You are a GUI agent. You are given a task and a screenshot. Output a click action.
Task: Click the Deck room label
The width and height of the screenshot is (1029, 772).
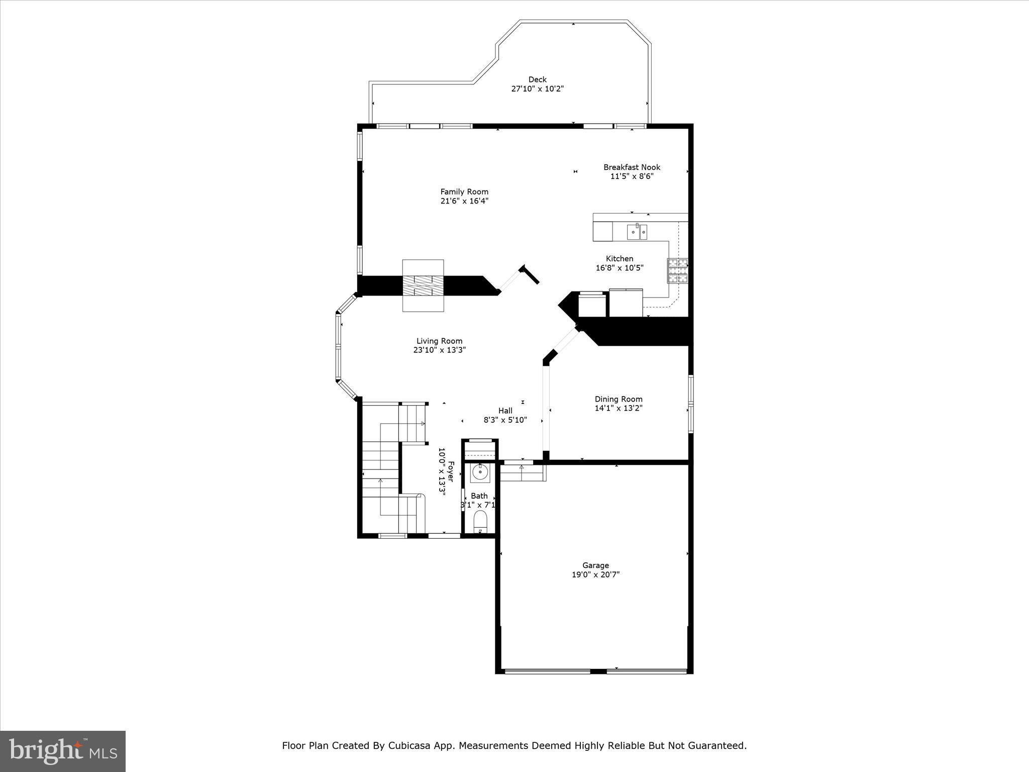[537, 79]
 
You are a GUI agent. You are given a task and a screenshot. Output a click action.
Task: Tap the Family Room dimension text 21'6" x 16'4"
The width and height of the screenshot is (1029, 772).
[464, 201]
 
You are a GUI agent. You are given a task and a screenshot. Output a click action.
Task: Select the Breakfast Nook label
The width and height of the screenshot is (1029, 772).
[632, 167]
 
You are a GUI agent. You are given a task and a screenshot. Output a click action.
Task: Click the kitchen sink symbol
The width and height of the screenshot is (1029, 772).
[637, 232]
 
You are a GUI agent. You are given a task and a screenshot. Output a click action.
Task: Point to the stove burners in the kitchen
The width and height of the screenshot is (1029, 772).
[677, 270]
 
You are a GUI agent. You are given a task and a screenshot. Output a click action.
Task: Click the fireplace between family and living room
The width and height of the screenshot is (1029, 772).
[423, 285]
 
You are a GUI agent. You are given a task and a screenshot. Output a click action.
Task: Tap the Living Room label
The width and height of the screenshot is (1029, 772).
[439, 341]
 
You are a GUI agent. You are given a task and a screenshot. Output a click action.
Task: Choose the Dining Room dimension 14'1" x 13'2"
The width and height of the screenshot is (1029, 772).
[619, 408]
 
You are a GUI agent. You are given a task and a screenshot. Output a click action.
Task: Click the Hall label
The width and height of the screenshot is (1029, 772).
[505, 411]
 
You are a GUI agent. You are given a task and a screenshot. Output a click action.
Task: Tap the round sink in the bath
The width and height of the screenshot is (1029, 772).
[480, 472]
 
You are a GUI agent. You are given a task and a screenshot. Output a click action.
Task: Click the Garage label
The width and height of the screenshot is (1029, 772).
[595, 565]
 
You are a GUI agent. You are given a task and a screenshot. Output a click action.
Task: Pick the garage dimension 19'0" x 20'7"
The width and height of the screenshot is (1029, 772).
[595, 574]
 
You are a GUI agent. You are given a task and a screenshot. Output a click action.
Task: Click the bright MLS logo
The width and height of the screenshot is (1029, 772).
[63, 751]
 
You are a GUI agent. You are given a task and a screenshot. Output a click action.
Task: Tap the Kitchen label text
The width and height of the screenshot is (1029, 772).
[620, 259]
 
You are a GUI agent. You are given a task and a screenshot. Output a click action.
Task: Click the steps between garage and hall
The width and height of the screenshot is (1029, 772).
[523, 473]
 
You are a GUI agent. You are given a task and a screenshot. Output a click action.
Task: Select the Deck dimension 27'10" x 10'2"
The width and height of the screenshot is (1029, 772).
[537, 89]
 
